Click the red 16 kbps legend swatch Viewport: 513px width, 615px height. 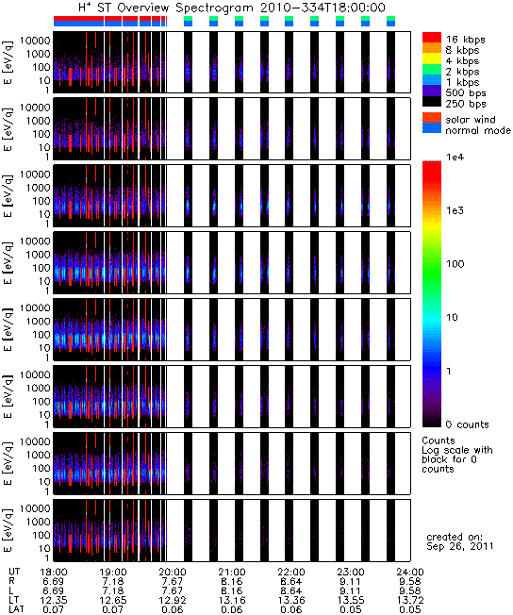431,38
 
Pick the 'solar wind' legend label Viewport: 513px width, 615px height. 471,120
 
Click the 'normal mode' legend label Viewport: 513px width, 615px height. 478,130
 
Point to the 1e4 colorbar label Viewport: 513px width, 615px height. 455,158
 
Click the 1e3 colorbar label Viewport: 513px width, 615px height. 455,210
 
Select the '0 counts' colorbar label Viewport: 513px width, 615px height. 468,424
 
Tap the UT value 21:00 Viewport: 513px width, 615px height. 232,573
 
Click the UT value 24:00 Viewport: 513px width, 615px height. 410,573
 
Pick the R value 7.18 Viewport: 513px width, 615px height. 113,582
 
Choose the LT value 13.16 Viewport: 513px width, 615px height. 232,601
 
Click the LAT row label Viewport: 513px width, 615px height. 16,610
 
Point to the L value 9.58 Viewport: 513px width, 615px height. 410,591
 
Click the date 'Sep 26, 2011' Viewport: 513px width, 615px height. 460,546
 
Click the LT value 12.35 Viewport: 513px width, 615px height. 54,601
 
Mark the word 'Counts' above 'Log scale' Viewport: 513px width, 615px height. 439,440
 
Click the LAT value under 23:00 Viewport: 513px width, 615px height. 351,610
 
